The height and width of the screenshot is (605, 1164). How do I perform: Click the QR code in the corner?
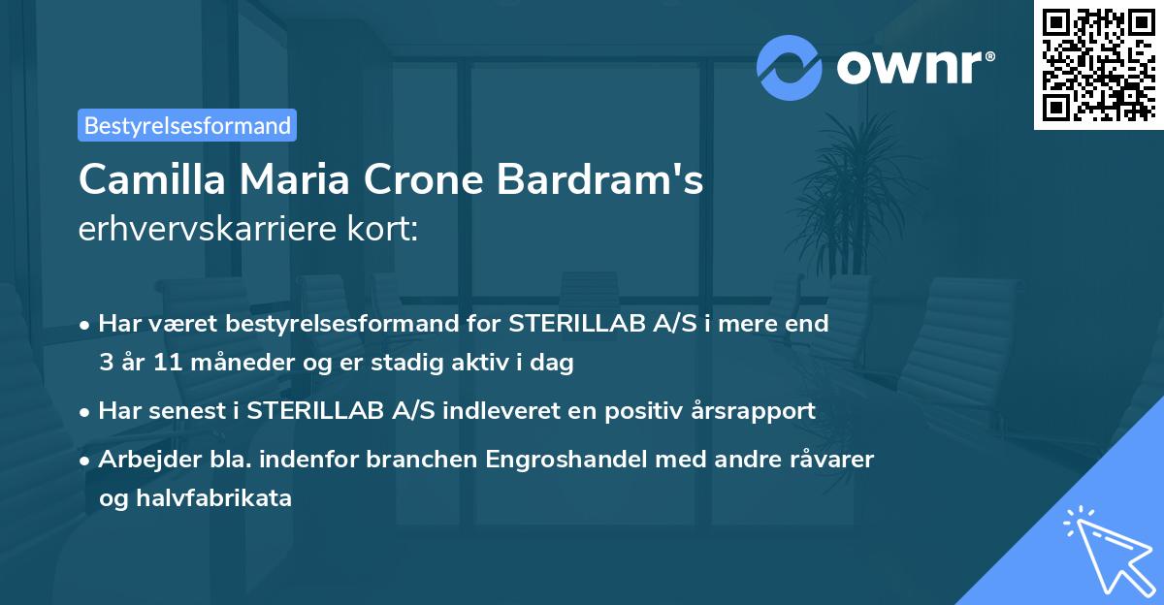pos(1098,64)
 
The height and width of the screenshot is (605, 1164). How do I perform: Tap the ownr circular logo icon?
pos(790,67)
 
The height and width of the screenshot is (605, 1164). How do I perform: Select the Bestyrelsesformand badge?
pos(187,125)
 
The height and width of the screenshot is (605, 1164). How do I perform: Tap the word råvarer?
pos(831,460)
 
